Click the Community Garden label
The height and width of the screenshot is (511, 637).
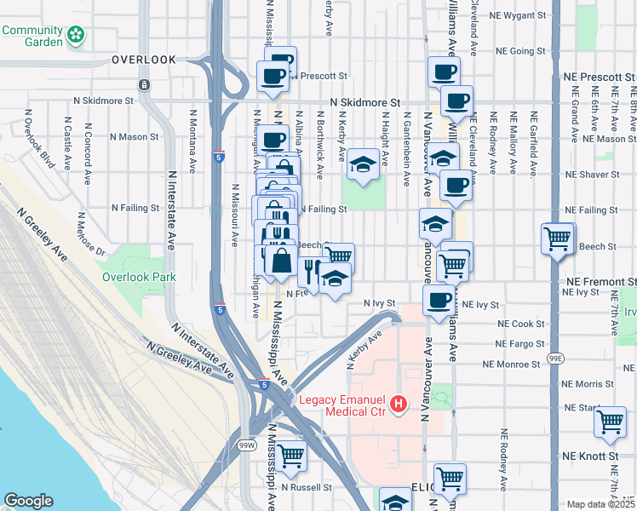click(32, 36)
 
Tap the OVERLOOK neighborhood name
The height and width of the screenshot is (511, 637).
click(144, 60)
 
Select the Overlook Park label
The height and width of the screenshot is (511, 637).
click(139, 277)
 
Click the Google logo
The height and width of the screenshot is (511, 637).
click(29, 501)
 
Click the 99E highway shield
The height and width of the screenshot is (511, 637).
click(554, 359)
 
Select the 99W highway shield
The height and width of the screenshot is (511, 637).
click(248, 445)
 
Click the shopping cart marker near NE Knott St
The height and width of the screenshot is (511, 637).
click(611, 421)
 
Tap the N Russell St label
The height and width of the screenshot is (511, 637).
click(308, 488)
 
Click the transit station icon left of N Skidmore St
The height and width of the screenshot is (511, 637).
click(144, 85)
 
